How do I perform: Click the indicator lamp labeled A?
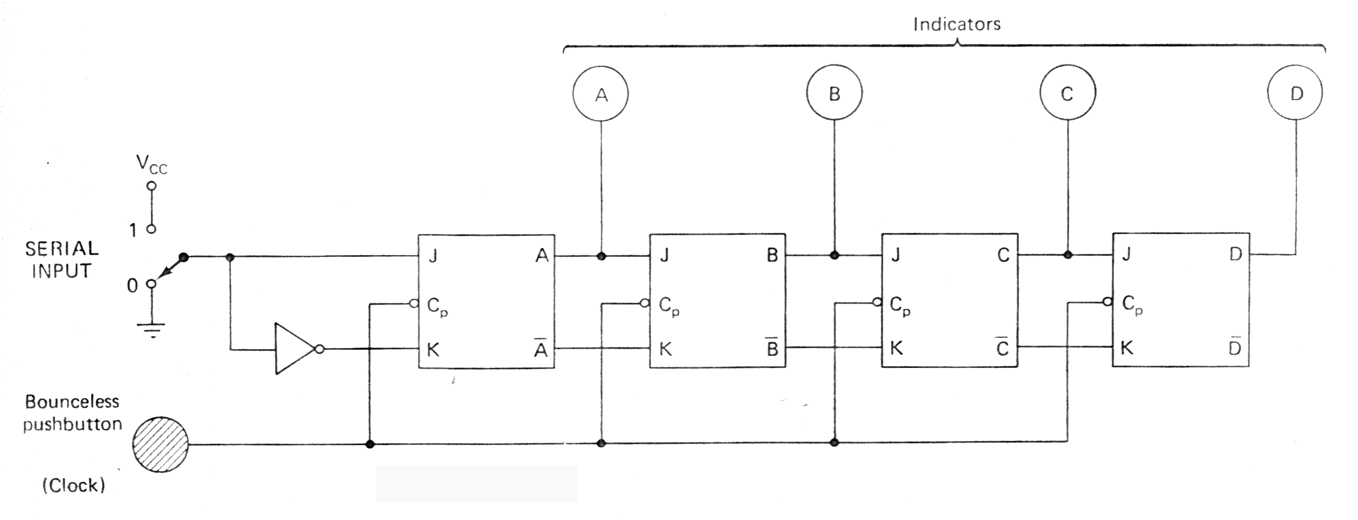[x=600, y=94]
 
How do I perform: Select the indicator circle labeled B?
[x=834, y=93]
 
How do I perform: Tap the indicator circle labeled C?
[x=1067, y=93]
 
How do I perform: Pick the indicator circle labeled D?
[x=1295, y=93]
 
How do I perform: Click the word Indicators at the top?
[x=956, y=24]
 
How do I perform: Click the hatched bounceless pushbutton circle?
[x=160, y=445]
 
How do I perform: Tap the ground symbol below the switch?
[x=151, y=329]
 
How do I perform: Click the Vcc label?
[x=151, y=164]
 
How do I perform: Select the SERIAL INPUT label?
[x=62, y=260]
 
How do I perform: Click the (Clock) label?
[x=74, y=485]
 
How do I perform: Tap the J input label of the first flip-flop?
[x=433, y=256]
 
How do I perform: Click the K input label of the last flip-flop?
[x=1126, y=347]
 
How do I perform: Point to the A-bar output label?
[x=541, y=348]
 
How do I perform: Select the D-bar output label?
[x=1234, y=347]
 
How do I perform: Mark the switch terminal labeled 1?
[x=151, y=229]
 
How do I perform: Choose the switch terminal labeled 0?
[x=151, y=284]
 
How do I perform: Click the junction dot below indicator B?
[x=834, y=255]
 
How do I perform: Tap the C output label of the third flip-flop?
[x=1003, y=255]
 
